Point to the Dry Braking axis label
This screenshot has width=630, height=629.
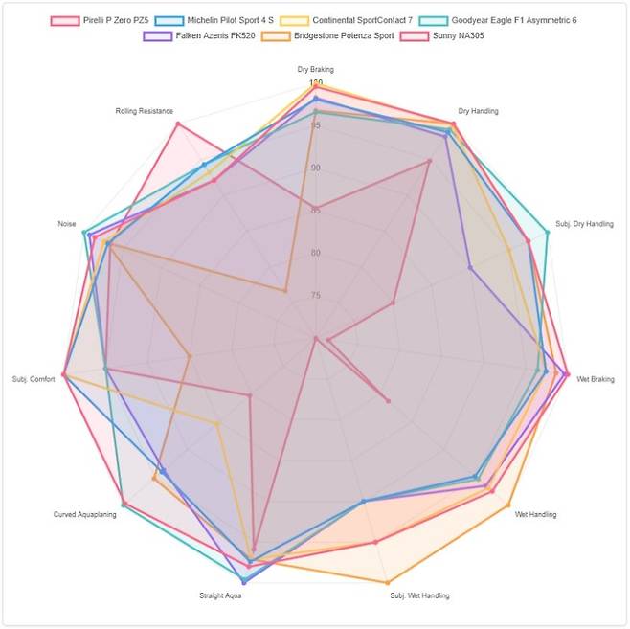tap(315, 70)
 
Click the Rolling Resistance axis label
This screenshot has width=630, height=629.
tap(145, 111)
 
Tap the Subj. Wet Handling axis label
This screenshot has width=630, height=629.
tap(419, 595)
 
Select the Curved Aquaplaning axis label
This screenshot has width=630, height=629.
tap(85, 515)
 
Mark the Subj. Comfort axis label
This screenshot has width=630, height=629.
tap(34, 376)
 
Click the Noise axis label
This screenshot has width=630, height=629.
tap(67, 224)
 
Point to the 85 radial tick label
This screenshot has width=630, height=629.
tap(315, 211)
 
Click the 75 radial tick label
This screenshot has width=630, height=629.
tap(315, 296)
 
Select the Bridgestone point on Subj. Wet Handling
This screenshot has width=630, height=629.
tap(387, 582)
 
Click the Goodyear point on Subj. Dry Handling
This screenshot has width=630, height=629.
tap(548, 232)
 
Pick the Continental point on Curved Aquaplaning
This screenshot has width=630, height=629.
tap(217, 423)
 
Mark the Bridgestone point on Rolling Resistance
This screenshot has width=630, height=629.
tap(285, 290)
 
